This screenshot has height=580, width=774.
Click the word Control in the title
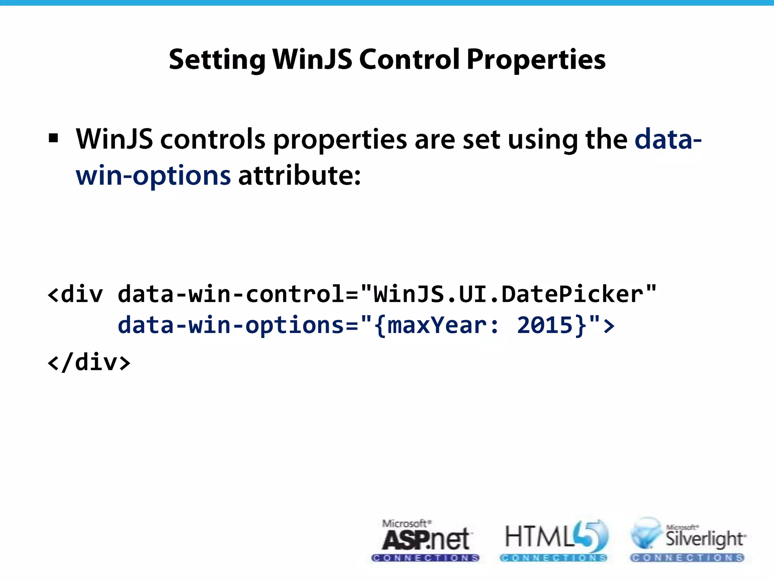pyautogui.click(x=409, y=60)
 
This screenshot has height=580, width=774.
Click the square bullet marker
pyautogui.click(x=54, y=139)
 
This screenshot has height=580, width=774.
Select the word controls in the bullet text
pyautogui.click(x=213, y=139)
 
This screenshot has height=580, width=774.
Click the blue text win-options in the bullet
pyautogui.click(x=153, y=176)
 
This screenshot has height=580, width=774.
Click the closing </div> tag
pyautogui.click(x=89, y=363)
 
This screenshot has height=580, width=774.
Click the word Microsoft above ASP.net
pyautogui.click(x=404, y=523)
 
